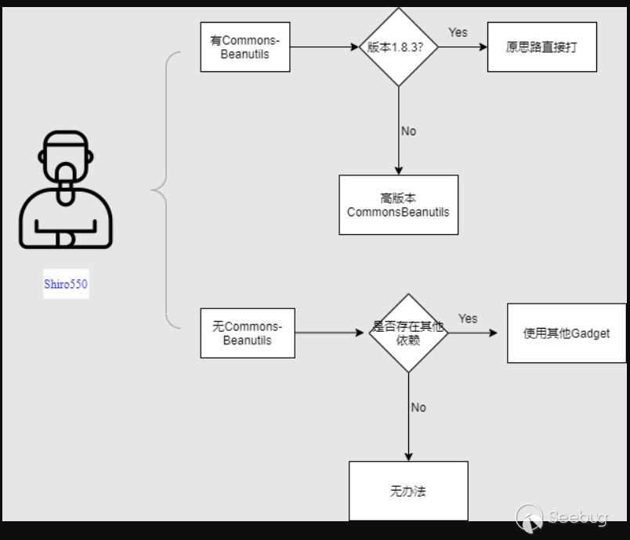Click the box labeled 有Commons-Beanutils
click(245, 47)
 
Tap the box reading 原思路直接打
click(541, 47)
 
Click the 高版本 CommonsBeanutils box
click(398, 205)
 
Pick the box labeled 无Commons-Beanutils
click(248, 333)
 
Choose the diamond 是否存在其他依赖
click(408, 333)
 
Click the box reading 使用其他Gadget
click(566, 333)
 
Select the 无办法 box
click(408, 491)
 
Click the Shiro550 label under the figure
click(66, 284)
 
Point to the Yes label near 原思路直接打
click(458, 32)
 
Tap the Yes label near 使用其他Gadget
click(468, 319)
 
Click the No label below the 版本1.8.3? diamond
click(408, 131)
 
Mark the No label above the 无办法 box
click(418, 407)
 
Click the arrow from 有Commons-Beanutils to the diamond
click(324, 47)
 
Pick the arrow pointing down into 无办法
click(408, 423)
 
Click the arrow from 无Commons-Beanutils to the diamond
click(331, 333)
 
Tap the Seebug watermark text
click(578, 517)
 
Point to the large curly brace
click(163, 189)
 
